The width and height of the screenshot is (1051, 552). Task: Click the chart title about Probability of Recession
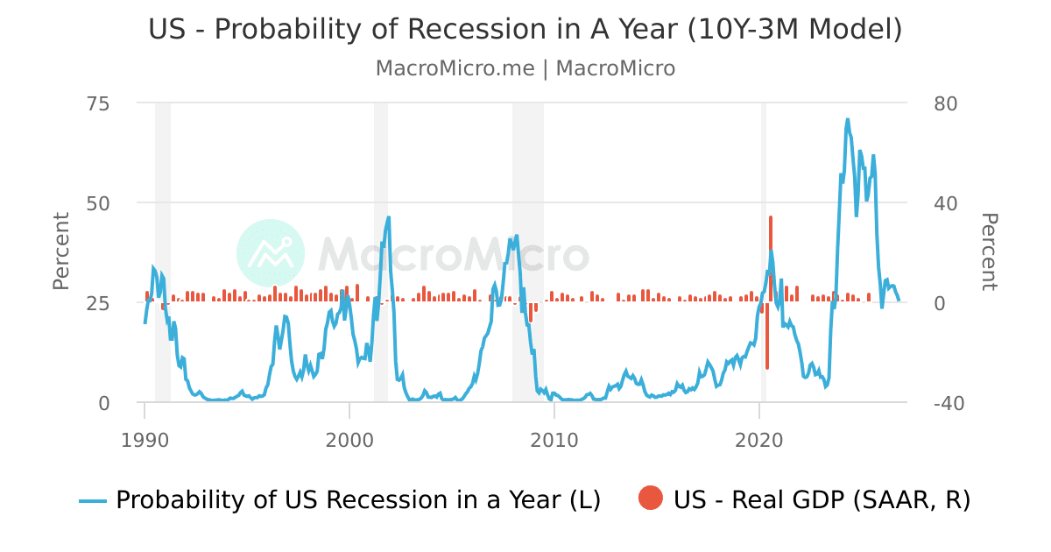pyautogui.click(x=525, y=29)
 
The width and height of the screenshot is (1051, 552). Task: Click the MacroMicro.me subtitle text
pyautogui.click(x=525, y=68)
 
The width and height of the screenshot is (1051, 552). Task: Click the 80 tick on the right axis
pyautogui.click(x=941, y=103)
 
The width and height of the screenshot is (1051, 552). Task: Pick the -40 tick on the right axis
pyautogui.click(x=941, y=403)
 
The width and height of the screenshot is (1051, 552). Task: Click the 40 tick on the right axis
pyautogui.click(x=941, y=203)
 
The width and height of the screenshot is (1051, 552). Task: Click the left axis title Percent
pyautogui.click(x=60, y=251)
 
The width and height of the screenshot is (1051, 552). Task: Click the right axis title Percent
pyautogui.click(x=989, y=251)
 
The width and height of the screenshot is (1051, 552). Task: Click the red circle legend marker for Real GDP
pyautogui.click(x=651, y=499)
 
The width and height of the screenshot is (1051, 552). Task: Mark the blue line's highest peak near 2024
pyautogui.click(x=847, y=120)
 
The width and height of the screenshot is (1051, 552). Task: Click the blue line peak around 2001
pyautogui.click(x=388, y=217)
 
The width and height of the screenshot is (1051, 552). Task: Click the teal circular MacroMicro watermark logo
pyautogui.click(x=271, y=253)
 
